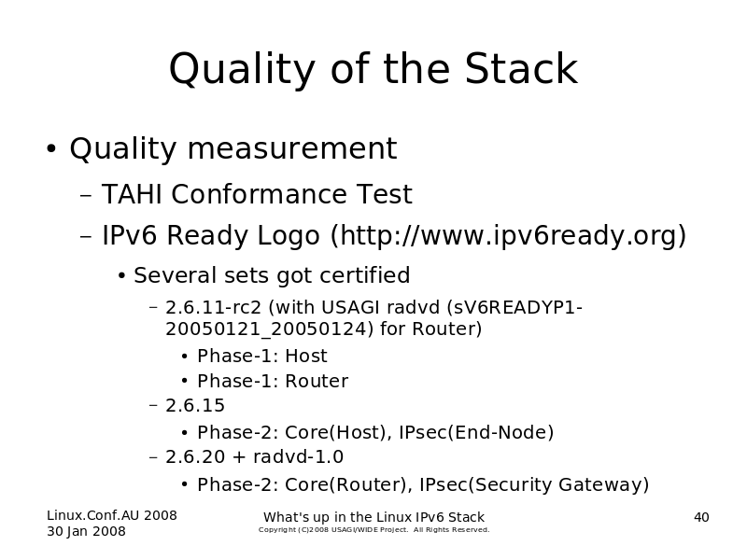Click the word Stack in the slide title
[x=521, y=68]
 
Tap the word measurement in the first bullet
[x=292, y=148]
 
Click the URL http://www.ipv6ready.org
[x=508, y=235]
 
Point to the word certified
[x=364, y=274]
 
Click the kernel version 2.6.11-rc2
[x=213, y=308]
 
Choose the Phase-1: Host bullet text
[x=262, y=356]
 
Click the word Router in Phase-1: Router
[x=317, y=381]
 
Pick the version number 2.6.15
[x=195, y=406]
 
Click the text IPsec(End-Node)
[x=476, y=432]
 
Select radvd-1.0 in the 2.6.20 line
[x=298, y=456]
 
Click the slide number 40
[x=701, y=517]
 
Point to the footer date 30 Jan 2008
[x=86, y=531]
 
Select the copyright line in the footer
[x=374, y=529]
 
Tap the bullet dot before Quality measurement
[x=51, y=148]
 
